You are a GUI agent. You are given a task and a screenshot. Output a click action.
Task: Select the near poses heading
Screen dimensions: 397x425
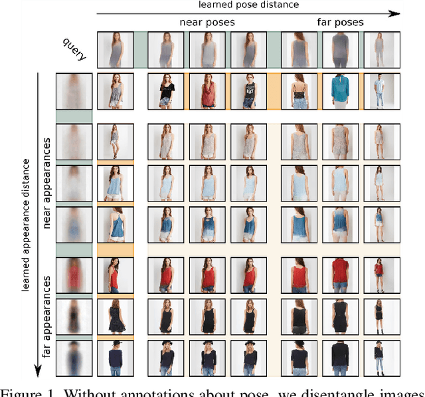208,23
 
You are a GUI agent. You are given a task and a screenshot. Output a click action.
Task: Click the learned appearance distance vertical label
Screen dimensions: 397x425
26,225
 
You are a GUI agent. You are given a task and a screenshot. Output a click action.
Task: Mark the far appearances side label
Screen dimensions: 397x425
47,319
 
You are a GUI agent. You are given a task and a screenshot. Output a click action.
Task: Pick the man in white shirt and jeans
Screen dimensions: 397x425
379,91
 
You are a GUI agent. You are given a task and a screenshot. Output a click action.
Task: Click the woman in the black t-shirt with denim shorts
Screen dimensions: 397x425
166,91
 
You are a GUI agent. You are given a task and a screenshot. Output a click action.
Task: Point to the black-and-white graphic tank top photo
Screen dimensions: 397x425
247,91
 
